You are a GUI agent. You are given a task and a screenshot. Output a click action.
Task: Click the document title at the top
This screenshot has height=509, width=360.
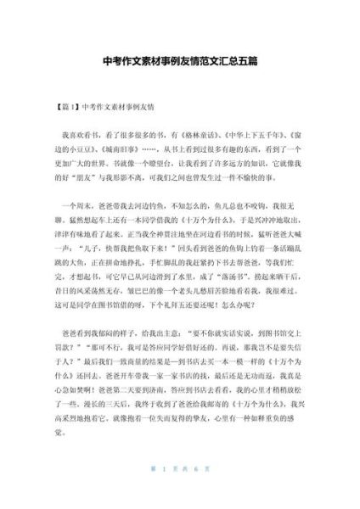pos(180,62)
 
